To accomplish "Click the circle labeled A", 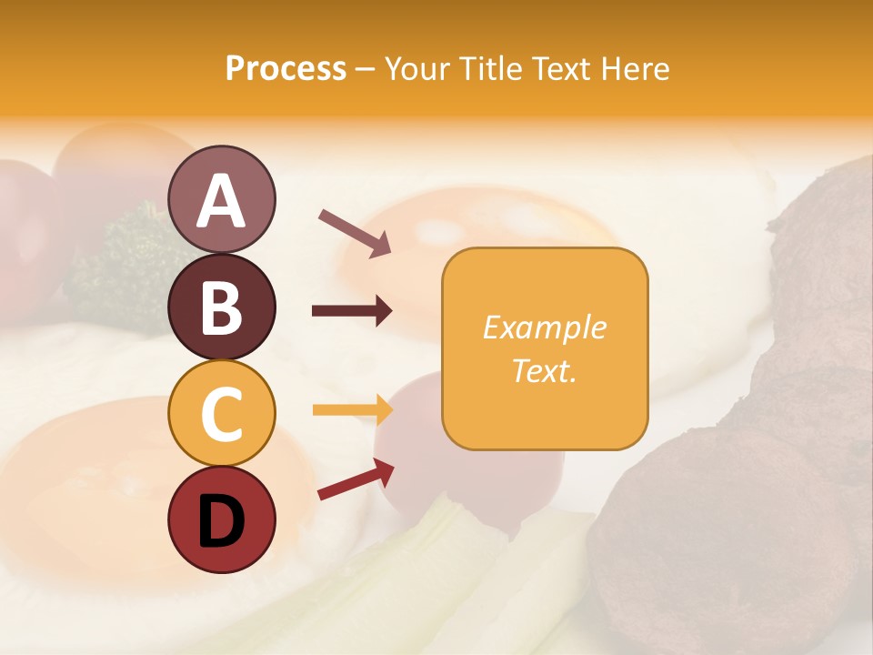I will pos(221,199).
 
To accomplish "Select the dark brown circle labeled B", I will pos(221,307).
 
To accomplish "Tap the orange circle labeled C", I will pos(221,413).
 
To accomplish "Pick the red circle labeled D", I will pos(221,520).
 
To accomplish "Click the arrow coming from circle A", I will pos(354,231).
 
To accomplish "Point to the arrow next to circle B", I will pos(351,311).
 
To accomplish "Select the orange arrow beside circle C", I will pos(351,409).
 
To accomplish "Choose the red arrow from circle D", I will pos(355,479).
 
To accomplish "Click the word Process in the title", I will pos(286,68).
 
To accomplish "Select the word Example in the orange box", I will pos(544,327).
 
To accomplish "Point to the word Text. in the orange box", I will pos(544,370).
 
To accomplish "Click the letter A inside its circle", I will pos(221,201).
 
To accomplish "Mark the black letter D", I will pos(221,521).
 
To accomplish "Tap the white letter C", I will pos(221,414).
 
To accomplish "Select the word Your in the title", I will pos(417,68).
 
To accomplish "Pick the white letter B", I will pos(221,307).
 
